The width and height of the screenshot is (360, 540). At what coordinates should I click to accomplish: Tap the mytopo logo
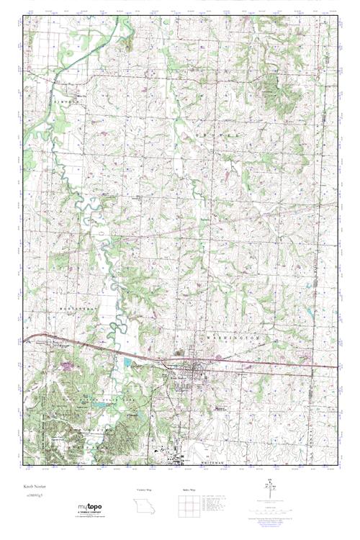[x=92, y=508]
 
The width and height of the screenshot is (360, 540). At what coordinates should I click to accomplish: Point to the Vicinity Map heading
[x=145, y=489]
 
